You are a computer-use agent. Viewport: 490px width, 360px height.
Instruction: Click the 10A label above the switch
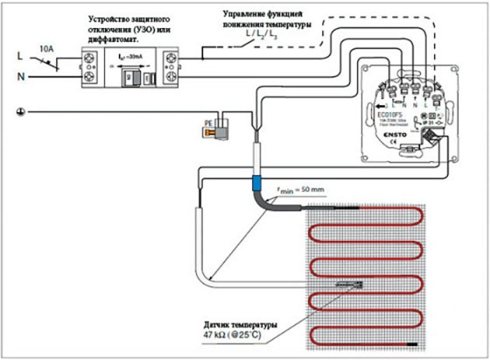[47, 49]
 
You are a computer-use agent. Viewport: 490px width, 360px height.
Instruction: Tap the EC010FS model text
[391, 114]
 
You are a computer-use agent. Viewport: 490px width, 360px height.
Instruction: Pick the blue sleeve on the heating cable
[254, 184]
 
